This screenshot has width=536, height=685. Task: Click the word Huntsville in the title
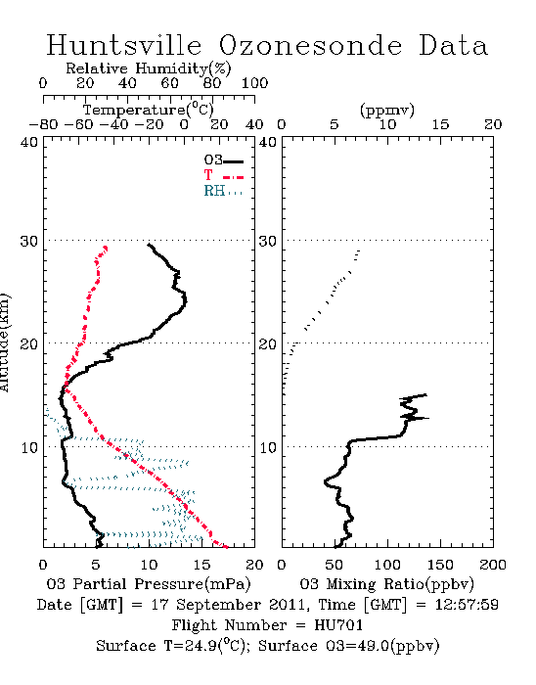pyautogui.click(x=124, y=45)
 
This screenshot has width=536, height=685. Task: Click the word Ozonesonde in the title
pyautogui.click(x=310, y=45)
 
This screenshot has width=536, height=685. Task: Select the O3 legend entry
pyautogui.click(x=223, y=160)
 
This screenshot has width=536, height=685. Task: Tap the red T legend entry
pyautogui.click(x=223, y=175)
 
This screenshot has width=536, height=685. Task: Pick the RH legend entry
pyautogui.click(x=223, y=191)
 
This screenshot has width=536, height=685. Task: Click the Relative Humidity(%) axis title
pyautogui.click(x=149, y=68)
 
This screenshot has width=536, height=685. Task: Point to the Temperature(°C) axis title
pyautogui.click(x=149, y=110)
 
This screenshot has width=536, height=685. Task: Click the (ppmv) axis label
pyautogui.click(x=387, y=110)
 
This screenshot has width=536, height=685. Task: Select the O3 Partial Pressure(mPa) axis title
pyautogui.click(x=149, y=584)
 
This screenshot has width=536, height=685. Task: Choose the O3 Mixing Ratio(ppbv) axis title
pyautogui.click(x=386, y=584)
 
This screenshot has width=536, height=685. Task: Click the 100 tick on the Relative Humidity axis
pyautogui.click(x=255, y=83)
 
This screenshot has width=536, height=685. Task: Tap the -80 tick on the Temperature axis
pyautogui.click(x=43, y=125)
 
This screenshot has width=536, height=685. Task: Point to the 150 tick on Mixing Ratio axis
pyautogui.click(x=440, y=565)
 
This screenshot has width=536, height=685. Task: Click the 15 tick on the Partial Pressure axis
pyautogui.click(x=201, y=565)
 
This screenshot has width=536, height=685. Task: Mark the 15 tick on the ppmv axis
pyautogui.click(x=440, y=125)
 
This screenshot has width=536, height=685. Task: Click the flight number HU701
pyautogui.click(x=338, y=625)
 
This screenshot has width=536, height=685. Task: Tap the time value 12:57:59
pyautogui.click(x=467, y=605)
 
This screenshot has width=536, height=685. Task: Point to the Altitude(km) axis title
pyautogui.click(x=4, y=342)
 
